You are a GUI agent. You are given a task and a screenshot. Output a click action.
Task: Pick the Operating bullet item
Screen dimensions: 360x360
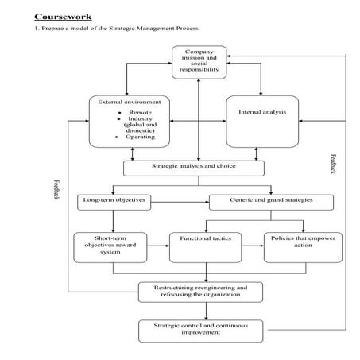click(x=140, y=137)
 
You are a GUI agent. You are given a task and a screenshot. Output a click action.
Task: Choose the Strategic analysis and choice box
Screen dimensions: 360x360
click(x=192, y=168)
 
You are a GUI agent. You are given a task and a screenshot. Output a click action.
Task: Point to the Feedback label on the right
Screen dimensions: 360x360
click(x=332, y=166)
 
